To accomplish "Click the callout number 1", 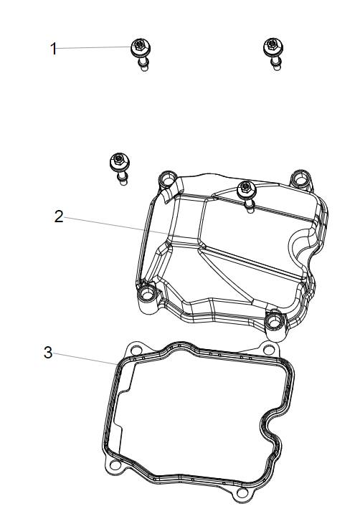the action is [x=53, y=49].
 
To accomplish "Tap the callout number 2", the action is [x=59, y=216].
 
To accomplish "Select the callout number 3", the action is [x=48, y=353].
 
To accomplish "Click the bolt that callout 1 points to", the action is [x=141, y=54].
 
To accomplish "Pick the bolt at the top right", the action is [x=273, y=53].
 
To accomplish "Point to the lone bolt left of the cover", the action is [x=120, y=168].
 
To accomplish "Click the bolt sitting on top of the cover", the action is [x=247, y=196].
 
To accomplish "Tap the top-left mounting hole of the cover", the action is [x=167, y=180].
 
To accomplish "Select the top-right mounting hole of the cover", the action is [x=300, y=178].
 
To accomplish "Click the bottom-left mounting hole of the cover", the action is [x=147, y=294].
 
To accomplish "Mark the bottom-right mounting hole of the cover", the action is [x=275, y=322].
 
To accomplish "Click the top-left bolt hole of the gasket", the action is [x=136, y=351].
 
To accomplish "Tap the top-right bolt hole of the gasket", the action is [x=269, y=350].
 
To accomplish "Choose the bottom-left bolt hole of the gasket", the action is [x=115, y=466].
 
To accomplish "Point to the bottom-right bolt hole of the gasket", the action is [x=242, y=493].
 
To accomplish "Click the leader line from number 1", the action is [x=94, y=47].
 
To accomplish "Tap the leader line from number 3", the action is [x=85, y=358].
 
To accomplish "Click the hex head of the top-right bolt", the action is [x=273, y=44].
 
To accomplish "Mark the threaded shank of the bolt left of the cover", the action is [x=123, y=178].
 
